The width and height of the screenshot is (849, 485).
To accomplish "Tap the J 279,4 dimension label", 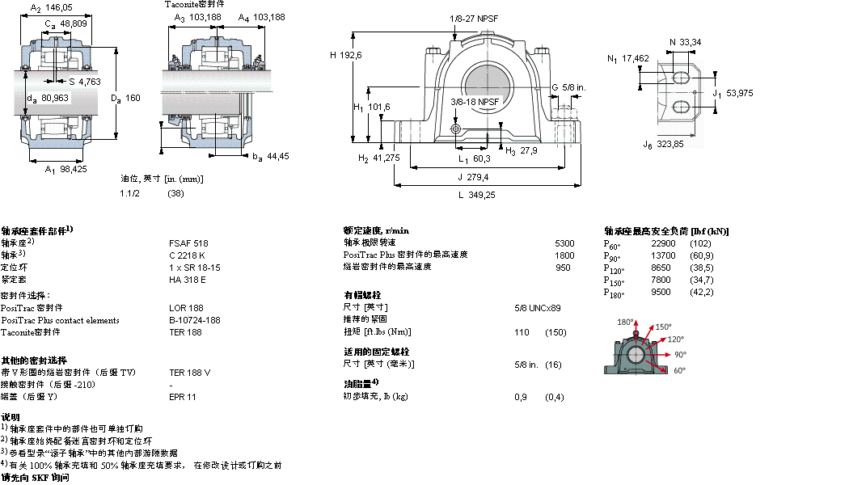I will (472, 176).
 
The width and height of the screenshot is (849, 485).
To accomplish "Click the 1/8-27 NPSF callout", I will (473, 18).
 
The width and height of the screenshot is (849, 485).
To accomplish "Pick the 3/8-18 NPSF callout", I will (475, 102).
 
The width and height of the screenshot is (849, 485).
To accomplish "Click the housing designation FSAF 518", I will (188, 242).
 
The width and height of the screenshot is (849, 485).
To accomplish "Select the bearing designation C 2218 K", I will (187, 255).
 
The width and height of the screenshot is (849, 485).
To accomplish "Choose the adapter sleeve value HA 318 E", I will (187, 280).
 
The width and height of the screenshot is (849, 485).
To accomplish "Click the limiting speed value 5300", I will (564, 242).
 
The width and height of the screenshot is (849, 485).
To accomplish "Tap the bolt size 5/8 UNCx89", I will (538, 307).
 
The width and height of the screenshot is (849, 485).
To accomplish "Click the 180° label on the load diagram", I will (624, 322).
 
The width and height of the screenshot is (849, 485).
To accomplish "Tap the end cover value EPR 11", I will (182, 397).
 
